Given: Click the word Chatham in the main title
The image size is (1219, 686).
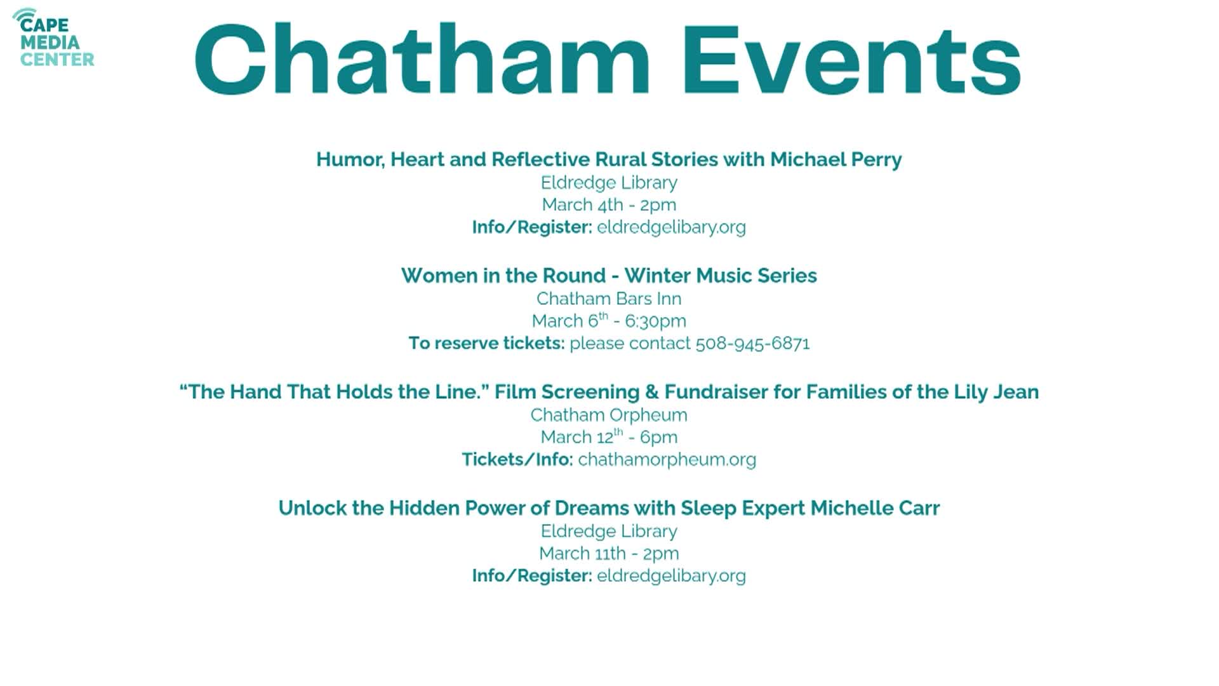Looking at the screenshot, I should pos(422,60).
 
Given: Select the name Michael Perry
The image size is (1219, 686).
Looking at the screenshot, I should pos(836,159).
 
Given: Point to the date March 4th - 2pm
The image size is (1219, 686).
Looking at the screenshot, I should pos(609,205).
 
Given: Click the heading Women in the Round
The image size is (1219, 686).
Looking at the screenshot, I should pos(503,276).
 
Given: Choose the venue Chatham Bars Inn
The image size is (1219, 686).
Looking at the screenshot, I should pos(609,299).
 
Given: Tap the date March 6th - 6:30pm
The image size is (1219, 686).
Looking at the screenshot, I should pos(609,321).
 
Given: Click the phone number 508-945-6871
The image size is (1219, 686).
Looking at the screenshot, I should pos(752,344).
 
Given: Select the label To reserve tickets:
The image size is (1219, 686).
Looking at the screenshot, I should pos(486,344).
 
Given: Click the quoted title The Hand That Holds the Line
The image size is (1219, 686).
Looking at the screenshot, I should pos(334,392).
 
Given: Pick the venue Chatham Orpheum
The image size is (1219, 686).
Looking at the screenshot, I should pos(609,415).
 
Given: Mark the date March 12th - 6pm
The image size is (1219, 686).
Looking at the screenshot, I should pos(609,437).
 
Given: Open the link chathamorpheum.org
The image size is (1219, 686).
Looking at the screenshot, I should pos(667,459).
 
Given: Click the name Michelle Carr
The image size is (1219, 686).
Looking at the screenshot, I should pos(875,508).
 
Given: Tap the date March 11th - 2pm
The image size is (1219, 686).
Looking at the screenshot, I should pos(609,553).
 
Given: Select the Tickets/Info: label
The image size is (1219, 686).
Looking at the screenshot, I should pos(517,459).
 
